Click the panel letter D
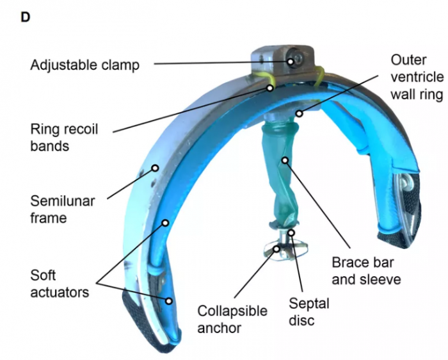pos(26,17)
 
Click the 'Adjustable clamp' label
pos(84,65)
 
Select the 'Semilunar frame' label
pos(62,209)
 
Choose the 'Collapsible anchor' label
pos(231,319)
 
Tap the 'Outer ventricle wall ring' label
pos(417,78)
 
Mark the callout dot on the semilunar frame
pos(155,169)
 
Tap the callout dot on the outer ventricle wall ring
pos(298,114)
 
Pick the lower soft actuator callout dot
pos(169,300)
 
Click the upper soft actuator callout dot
pos(165,224)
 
